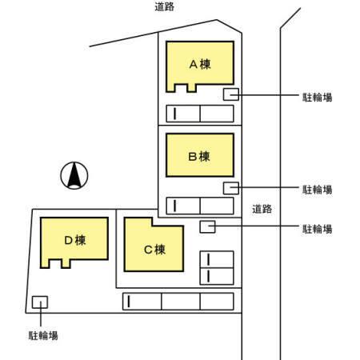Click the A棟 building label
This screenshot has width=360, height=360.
tap(200, 64)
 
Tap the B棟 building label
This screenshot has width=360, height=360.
tap(199, 157)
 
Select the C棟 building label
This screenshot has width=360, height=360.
tap(154, 250)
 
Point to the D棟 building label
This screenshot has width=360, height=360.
tap(75, 240)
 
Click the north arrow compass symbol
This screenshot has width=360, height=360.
tap(74, 175)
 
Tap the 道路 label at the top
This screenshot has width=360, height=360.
tap(165, 6)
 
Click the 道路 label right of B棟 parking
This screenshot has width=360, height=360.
tap(262, 209)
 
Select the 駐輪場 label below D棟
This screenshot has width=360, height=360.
tap(43, 335)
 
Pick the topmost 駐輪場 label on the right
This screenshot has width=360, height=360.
tap(318, 98)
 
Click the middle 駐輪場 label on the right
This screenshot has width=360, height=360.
tap(318, 190)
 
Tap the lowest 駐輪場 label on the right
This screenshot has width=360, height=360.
tap(318, 229)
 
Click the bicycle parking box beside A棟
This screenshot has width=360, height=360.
tap(231, 94)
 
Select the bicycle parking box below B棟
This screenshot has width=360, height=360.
tap(231, 188)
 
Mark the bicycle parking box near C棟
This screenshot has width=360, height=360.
tap(207, 226)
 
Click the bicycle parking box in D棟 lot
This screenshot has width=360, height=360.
tap(40, 302)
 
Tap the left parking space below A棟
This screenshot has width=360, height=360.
tap(183, 114)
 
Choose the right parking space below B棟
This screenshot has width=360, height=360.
tap(217, 206)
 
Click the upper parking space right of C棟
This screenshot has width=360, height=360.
tap(217, 259)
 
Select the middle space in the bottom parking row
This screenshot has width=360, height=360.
tap(181, 302)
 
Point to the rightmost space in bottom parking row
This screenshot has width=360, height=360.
tap(217, 302)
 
